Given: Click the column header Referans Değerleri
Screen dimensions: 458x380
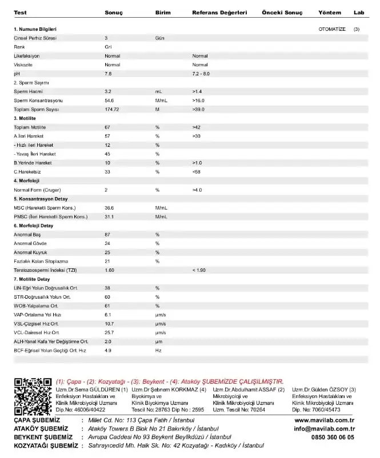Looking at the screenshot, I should click(219, 12).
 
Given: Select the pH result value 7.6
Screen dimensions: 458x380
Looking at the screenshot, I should click(108, 74).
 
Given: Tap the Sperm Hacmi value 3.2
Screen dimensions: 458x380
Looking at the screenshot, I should click(108, 91).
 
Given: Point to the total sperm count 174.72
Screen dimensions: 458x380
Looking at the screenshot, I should click(112, 109).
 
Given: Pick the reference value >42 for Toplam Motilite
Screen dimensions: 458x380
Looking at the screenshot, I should click(197, 127).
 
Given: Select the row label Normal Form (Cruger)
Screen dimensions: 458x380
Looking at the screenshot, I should click(37, 190).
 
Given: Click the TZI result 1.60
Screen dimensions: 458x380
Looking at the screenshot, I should click(110, 270).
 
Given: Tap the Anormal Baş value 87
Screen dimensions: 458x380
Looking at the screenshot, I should click(107, 235).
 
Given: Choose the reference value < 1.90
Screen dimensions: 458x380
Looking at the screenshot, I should click(200, 270).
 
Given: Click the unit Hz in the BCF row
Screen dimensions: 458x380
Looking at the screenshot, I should click(158, 350).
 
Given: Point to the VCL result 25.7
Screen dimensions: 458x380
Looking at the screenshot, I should click(109, 332).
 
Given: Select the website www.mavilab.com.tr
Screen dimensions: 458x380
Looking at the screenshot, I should click(325, 420).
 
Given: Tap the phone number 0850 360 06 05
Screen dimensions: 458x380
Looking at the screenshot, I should click(333, 437).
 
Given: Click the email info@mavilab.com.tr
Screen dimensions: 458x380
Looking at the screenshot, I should click(325, 429).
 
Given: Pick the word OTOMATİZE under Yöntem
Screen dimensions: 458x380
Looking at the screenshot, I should click(332, 29).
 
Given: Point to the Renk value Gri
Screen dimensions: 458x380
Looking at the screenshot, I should click(107, 47).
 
